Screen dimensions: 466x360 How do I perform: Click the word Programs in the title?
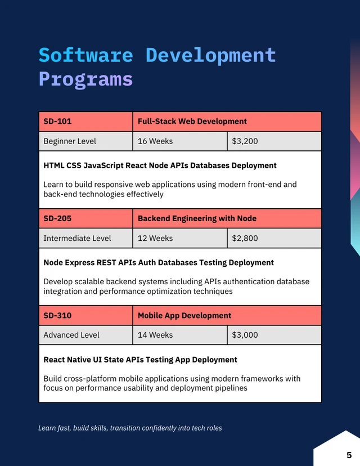(85, 79)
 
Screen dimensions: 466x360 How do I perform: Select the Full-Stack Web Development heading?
(192, 121)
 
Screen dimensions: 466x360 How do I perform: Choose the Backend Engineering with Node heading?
(197, 218)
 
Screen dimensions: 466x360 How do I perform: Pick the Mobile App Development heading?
(184, 316)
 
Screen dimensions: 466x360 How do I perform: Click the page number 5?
(349, 455)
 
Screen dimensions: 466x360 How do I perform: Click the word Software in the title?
(85, 55)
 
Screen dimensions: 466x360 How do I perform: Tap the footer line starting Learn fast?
(130, 428)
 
